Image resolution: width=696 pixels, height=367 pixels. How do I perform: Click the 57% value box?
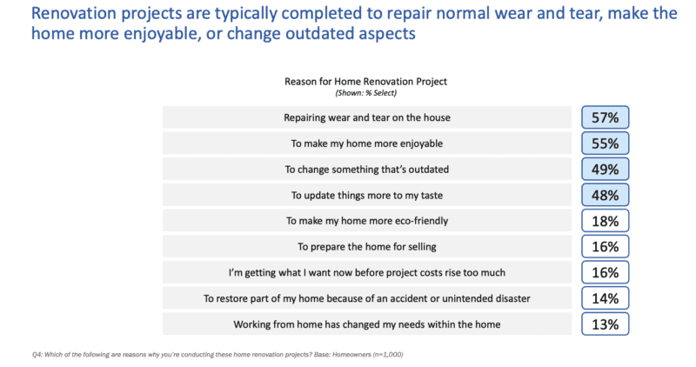[606, 117]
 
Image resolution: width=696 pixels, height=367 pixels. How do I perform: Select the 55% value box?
[606, 143]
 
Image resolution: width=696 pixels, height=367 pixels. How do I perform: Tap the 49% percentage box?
[606, 169]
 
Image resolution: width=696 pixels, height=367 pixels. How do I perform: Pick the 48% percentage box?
[606, 195]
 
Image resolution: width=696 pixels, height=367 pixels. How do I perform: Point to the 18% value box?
[606, 221]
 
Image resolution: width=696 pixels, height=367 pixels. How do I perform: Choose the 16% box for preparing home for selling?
[606, 246]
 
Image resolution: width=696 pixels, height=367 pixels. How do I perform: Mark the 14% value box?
[606, 298]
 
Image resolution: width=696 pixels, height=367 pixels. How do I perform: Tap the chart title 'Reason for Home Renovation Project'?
[365, 82]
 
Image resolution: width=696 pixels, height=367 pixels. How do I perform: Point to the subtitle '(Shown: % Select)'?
[365, 91]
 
